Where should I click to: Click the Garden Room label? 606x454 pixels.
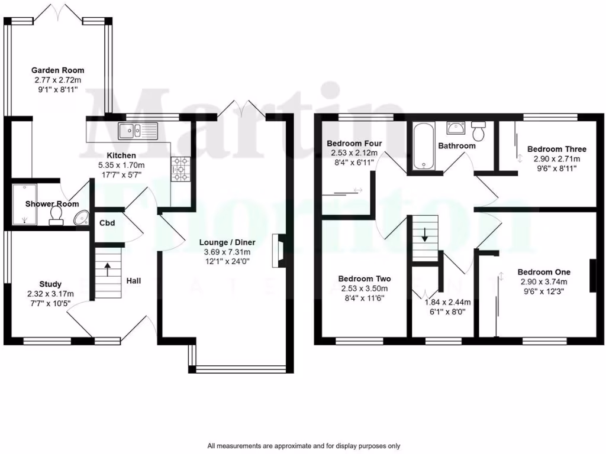pyautogui.click(x=58, y=70)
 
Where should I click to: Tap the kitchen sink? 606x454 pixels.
pyautogui.click(x=136, y=131)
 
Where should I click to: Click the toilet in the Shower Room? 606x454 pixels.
pyautogui.click(x=57, y=215)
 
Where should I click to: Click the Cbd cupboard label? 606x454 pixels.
pyautogui.click(x=107, y=223)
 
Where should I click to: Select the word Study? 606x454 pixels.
pyautogui.click(x=50, y=284)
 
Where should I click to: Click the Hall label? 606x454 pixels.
pyautogui.click(x=133, y=281)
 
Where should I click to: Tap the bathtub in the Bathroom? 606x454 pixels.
pyautogui.click(x=424, y=146)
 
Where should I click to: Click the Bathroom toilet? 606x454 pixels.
pyautogui.click(x=478, y=131)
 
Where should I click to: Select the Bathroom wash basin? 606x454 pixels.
pyautogui.click(x=454, y=128)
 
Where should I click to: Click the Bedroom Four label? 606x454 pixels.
pyautogui.click(x=354, y=144)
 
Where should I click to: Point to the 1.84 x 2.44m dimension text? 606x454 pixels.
pyautogui.click(x=447, y=301)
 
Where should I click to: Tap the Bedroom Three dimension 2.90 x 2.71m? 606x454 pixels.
pyautogui.click(x=553, y=158)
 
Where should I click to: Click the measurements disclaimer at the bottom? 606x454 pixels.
pyautogui.click(x=304, y=446)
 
